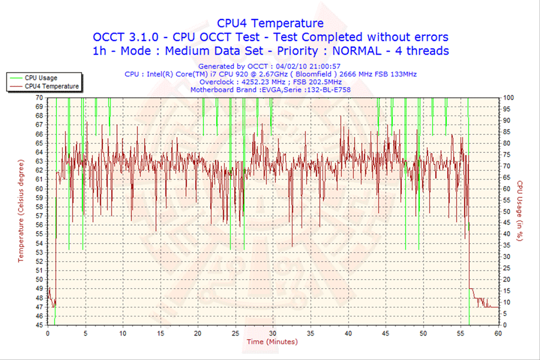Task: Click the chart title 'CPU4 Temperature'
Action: tap(270, 23)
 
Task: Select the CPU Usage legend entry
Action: tap(40, 77)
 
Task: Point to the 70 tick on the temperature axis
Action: tap(39, 97)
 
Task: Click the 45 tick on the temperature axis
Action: tap(39, 325)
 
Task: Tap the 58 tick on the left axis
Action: tap(39, 206)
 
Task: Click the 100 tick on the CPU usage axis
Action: tap(508, 97)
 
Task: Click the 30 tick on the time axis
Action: tap(272, 332)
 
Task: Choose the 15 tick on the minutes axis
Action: tap(160, 332)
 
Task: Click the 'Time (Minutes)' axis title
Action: tap(271, 342)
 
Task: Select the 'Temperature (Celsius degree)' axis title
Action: tap(22, 211)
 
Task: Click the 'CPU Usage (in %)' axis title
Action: tap(519, 211)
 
